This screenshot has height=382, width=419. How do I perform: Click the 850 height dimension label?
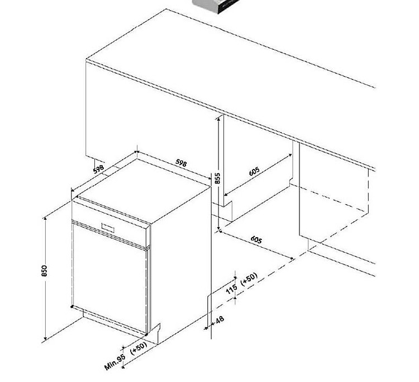pos(44,271)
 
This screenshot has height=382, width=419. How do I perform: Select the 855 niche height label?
pos(217,178)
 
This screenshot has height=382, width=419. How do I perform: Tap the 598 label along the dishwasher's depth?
pos(98,169)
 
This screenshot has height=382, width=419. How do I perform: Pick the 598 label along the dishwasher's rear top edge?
pos(181,163)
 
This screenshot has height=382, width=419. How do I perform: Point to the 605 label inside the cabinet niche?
pos(254,171)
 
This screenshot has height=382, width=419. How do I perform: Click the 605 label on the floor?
pos(256,240)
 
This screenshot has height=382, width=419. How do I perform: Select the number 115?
pos(231,289)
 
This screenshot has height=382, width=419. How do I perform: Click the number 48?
pos(220,320)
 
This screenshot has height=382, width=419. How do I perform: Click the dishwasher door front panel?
pos(109,278)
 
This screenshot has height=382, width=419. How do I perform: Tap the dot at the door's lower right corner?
pos(146,334)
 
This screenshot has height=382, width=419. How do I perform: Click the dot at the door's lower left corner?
pos(72,306)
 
